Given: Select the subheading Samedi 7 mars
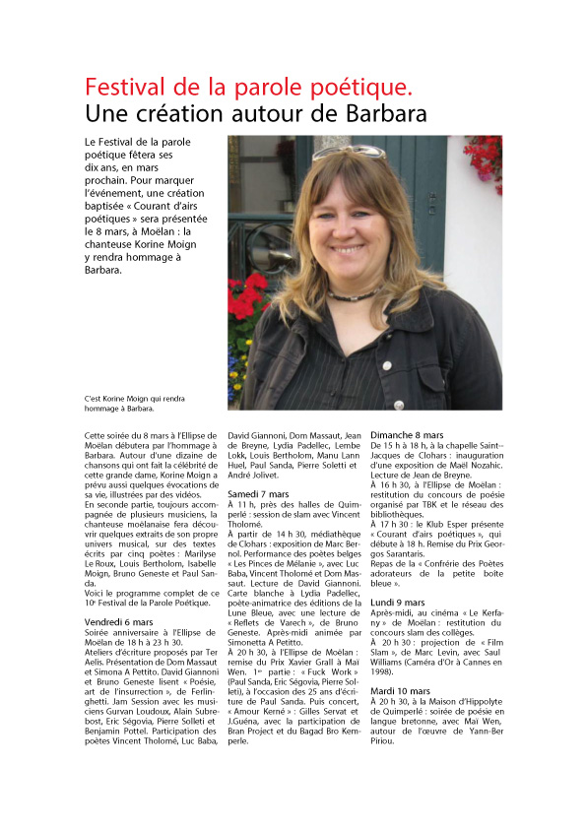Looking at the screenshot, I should click(258, 492).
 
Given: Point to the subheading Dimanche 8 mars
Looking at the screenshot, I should click(406, 434).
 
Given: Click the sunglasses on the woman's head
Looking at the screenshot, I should click(350, 152).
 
